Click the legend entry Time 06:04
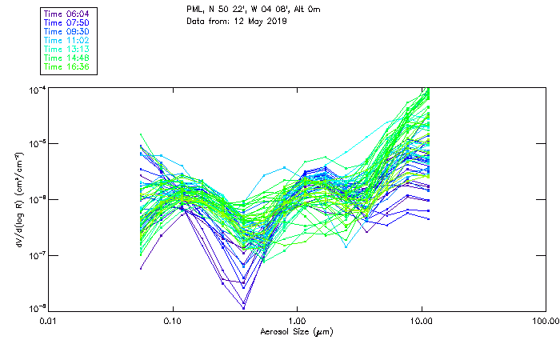pyautogui.click(x=67, y=14)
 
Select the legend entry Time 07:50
pyautogui.click(x=67, y=22)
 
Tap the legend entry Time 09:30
pyautogui.click(x=67, y=31)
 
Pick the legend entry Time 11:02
pyautogui.click(x=67, y=40)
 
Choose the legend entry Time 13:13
pyautogui.click(x=67, y=49)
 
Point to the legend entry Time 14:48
pyautogui.click(x=67, y=58)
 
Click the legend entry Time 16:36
pyautogui.click(x=67, y=66)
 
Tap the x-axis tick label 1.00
pyautogui.click(x=297, y=321)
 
